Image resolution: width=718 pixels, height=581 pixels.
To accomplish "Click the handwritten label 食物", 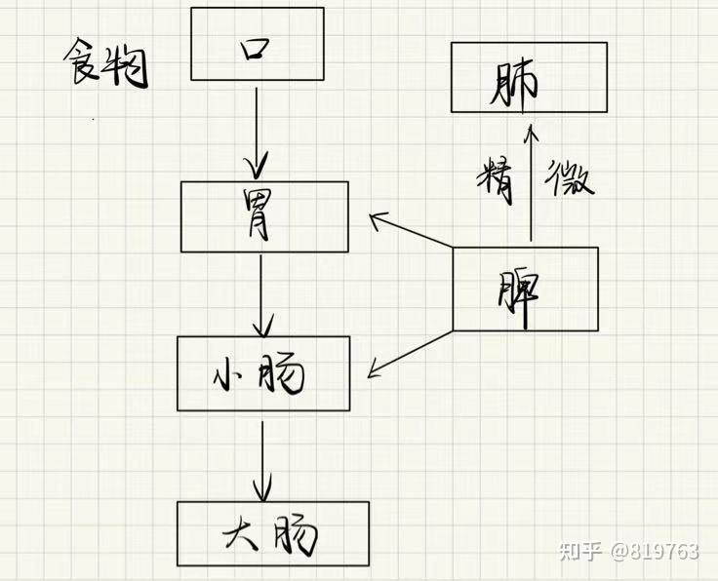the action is click(105, 62).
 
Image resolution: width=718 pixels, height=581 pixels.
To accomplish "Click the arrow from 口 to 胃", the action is click(257, 134).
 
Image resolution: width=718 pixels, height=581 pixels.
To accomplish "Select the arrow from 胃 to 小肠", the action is click(261, 296).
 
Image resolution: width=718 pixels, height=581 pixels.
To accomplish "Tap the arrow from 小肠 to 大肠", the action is click(262, 461).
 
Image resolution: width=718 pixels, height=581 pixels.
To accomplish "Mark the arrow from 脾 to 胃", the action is click(412, 230).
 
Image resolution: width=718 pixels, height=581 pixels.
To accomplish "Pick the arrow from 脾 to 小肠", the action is click(411, 354).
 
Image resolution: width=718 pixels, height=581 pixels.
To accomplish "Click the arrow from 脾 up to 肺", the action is click(531, 182).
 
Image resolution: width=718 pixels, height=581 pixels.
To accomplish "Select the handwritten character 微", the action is click(569, 177).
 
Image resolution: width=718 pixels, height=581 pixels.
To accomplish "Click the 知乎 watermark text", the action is click(580, 551).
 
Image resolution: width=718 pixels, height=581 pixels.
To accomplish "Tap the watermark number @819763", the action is click(655, 551).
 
